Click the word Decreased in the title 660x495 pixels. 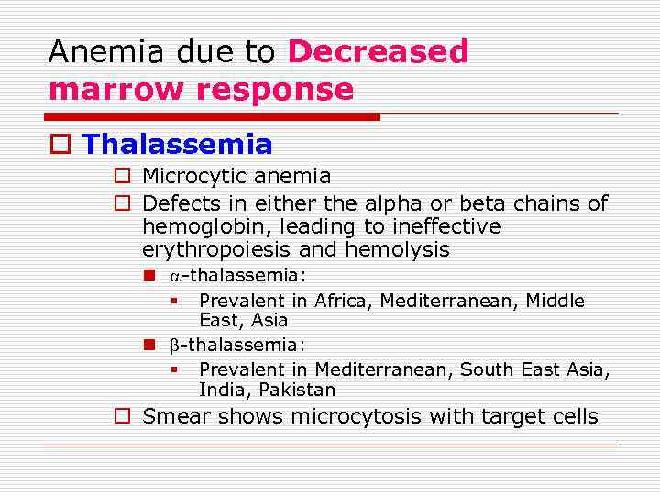pos(378,52)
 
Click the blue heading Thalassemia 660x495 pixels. pos(177,145)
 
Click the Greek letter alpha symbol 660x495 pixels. pos(175,277)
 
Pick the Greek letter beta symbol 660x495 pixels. pos(174,346)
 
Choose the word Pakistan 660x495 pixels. pos(297,390)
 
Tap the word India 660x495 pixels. pos(220,390)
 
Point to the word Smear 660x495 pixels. pos(173,416)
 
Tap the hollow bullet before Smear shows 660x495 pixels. pos(121,416)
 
